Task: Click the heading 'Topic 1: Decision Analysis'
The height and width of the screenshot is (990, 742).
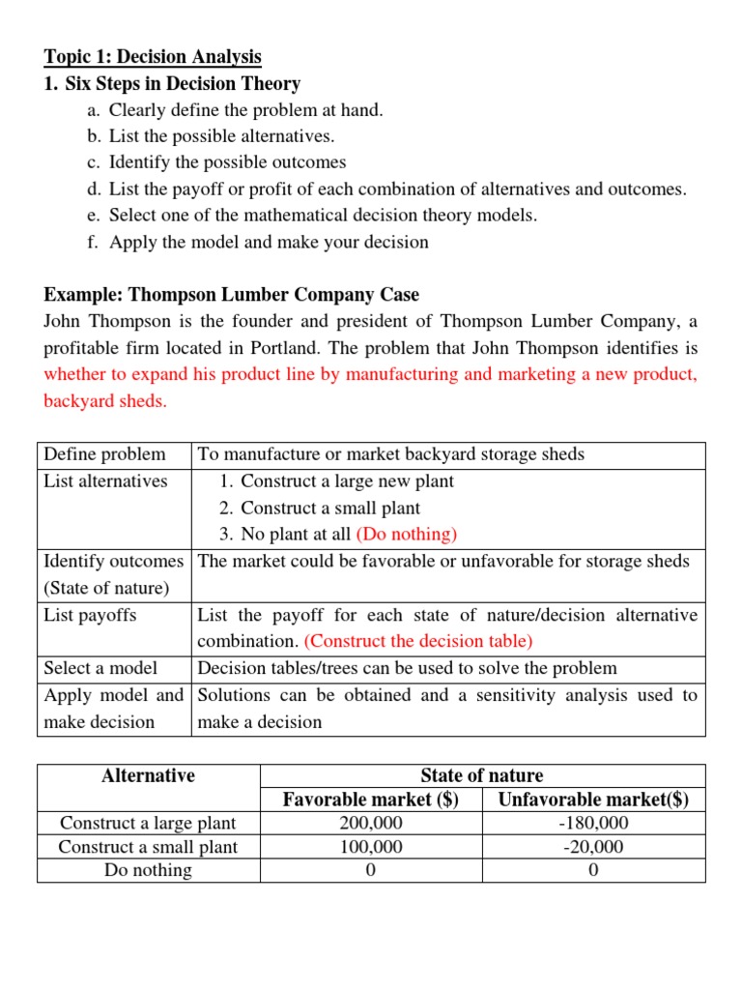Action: tap(153, 57)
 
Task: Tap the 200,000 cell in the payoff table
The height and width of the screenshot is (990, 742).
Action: tap(371, 824)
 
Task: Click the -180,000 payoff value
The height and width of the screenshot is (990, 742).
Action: tap(593, 824)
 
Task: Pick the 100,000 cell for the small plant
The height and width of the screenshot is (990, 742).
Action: tap(371, 847)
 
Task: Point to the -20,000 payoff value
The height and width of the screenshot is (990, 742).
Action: tap(593, 847)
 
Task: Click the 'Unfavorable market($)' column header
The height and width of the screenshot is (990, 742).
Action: tap(593, 800)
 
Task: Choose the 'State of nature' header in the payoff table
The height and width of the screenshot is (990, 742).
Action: tap(481, 775)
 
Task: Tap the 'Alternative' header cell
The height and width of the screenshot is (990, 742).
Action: tap(148, 775)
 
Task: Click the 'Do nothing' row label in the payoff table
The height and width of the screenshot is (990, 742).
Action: tap(148, 870)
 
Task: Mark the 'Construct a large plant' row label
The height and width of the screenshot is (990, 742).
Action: tap(148, 824)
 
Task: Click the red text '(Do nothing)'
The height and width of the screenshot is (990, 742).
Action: tap(407, 535)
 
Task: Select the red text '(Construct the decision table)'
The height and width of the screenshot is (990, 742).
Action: tap(418, 641)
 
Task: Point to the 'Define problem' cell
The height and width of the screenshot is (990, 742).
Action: tap(105, 454)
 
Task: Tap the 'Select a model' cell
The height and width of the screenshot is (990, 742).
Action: tap(100, 668)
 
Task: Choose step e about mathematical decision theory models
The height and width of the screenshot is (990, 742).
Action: tap(323, 216)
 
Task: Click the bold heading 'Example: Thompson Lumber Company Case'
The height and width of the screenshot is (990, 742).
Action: tap(232, 295)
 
